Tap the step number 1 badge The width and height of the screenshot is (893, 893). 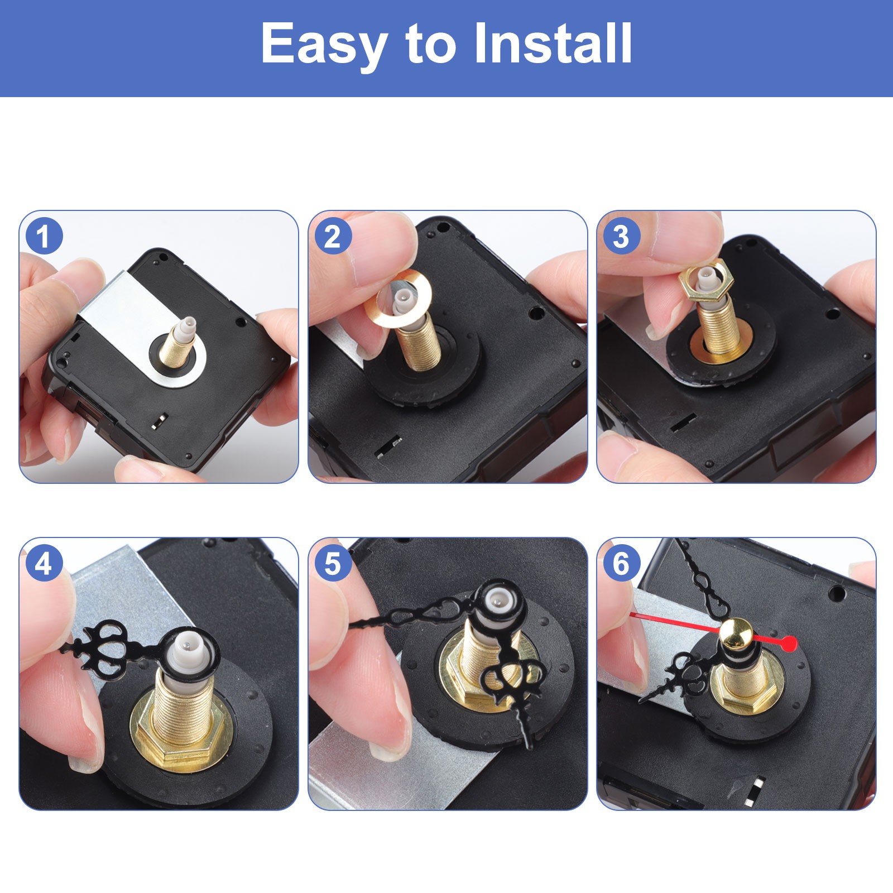pos(44,236)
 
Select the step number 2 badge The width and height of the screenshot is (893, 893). pos(333,236)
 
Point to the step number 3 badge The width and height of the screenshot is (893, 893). pos(621,236)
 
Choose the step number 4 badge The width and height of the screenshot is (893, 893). pos(44,564)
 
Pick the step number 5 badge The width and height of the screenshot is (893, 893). pos(333,564)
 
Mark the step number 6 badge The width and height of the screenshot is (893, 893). pos(621,564)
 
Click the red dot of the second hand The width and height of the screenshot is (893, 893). pos(789,643)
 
